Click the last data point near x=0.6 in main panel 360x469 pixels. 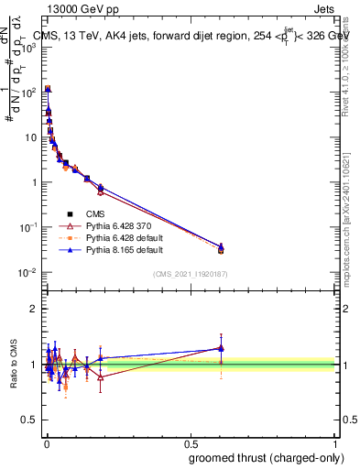(x=221, y=249)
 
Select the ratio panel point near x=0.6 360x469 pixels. (x=221, y=348)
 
